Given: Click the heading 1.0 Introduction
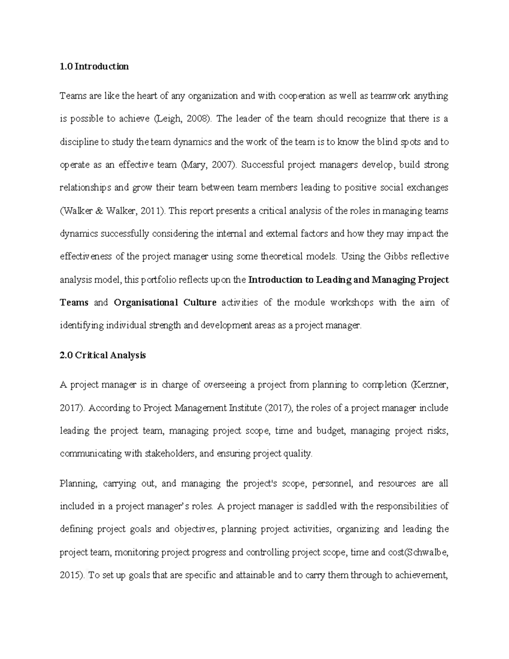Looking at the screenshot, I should click(x=94, y=67).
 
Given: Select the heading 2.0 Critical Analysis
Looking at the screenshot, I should click(x=103, y=355).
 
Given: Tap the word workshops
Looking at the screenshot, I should click(x=352, y=303).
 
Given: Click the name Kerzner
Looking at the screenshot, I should click(x=431, y=385).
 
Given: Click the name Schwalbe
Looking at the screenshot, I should click(x=428, y=552).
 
